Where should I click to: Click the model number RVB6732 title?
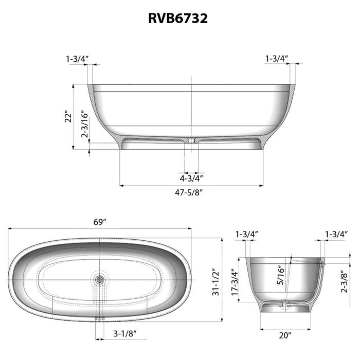[178, 19]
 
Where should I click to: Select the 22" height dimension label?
[68, 118]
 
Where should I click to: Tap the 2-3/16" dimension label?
[85, 125]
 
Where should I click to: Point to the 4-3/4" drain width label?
[191, 178]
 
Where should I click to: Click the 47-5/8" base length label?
[189, 192]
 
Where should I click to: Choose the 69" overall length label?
[100, 222]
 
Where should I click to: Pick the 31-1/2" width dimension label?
[216, 282]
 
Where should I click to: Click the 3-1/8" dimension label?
[125, 333]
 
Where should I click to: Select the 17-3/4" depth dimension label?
[235, 282]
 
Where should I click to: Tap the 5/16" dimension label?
[280, 275]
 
